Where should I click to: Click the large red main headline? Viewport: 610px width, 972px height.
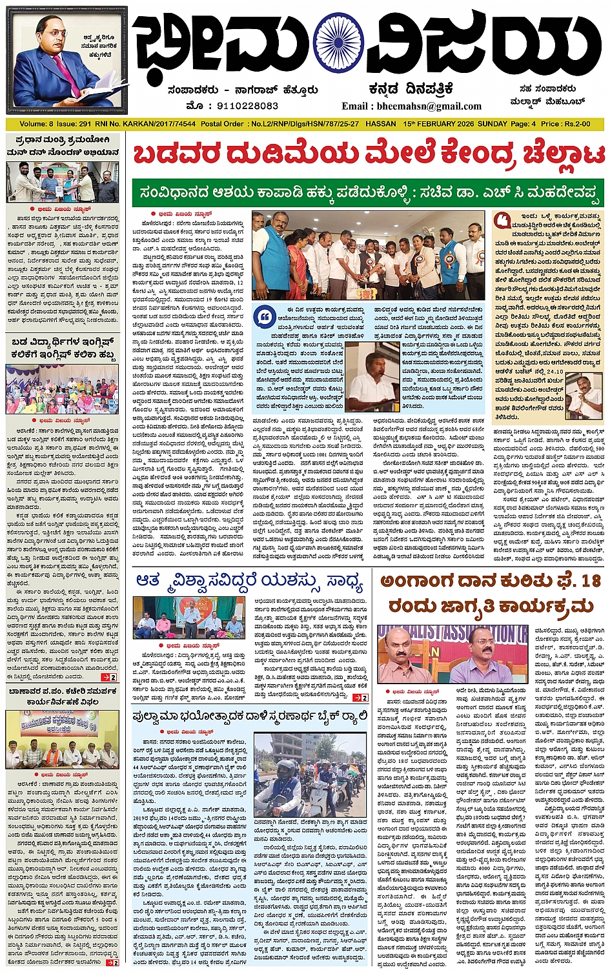pos(369,155)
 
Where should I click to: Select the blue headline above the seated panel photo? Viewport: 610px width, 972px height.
pos(250,582)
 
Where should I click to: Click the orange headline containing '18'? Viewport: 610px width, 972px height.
pos(491,594)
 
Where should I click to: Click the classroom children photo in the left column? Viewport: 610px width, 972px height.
pos(62,389)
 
